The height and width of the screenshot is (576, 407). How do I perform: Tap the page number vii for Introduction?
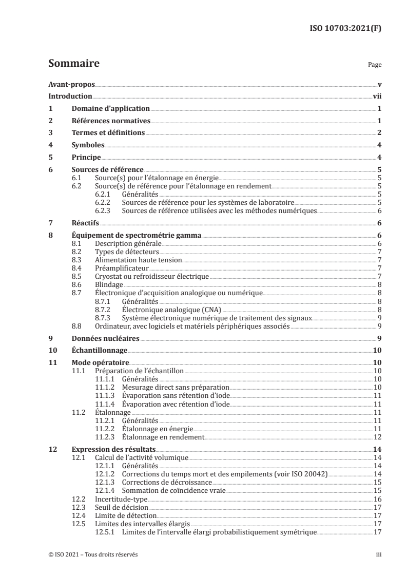[x=376, y=97]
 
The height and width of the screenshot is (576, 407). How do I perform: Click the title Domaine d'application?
[x=110, y=109]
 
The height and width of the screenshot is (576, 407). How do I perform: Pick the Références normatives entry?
[x=110, y=121]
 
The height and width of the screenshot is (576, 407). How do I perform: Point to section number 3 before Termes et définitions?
[x=50, y=133]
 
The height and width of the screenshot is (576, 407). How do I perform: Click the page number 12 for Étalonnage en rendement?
[x=377, y=437]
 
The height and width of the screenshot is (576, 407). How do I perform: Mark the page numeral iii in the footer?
[x=378, y=555]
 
